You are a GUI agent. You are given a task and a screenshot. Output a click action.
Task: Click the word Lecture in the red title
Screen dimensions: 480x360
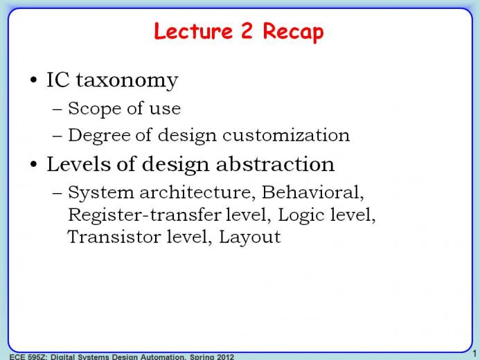tap(193, 31)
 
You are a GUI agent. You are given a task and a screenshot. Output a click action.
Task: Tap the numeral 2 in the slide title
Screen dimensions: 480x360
tap(247, 30)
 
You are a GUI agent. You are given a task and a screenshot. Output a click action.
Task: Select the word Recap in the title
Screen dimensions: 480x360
tap(293, 33)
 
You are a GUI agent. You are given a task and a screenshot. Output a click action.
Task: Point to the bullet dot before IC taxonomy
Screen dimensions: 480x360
tap(34, 80)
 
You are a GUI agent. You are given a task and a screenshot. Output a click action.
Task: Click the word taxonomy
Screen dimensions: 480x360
tap(127, 81)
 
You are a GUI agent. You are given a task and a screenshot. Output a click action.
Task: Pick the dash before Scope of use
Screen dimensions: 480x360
tap(57, 109)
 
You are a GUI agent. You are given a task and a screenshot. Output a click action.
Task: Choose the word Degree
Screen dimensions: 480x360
tap(99, 136)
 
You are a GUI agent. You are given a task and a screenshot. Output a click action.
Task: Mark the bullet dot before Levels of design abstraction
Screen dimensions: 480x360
tap(34, 164)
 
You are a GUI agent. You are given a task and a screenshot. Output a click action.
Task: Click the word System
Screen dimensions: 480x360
tap(101, 192)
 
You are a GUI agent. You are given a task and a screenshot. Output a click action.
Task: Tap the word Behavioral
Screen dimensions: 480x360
tap(313, 192)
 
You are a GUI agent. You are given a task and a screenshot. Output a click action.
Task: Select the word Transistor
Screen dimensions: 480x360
tap(114, 237)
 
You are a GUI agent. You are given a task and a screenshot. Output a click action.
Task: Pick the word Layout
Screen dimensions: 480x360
tap(250, 237)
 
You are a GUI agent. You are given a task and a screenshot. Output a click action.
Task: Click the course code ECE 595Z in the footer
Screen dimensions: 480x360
tap(28, 357)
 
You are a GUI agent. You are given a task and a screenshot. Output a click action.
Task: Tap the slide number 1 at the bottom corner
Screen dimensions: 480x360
tap(475, 354)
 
